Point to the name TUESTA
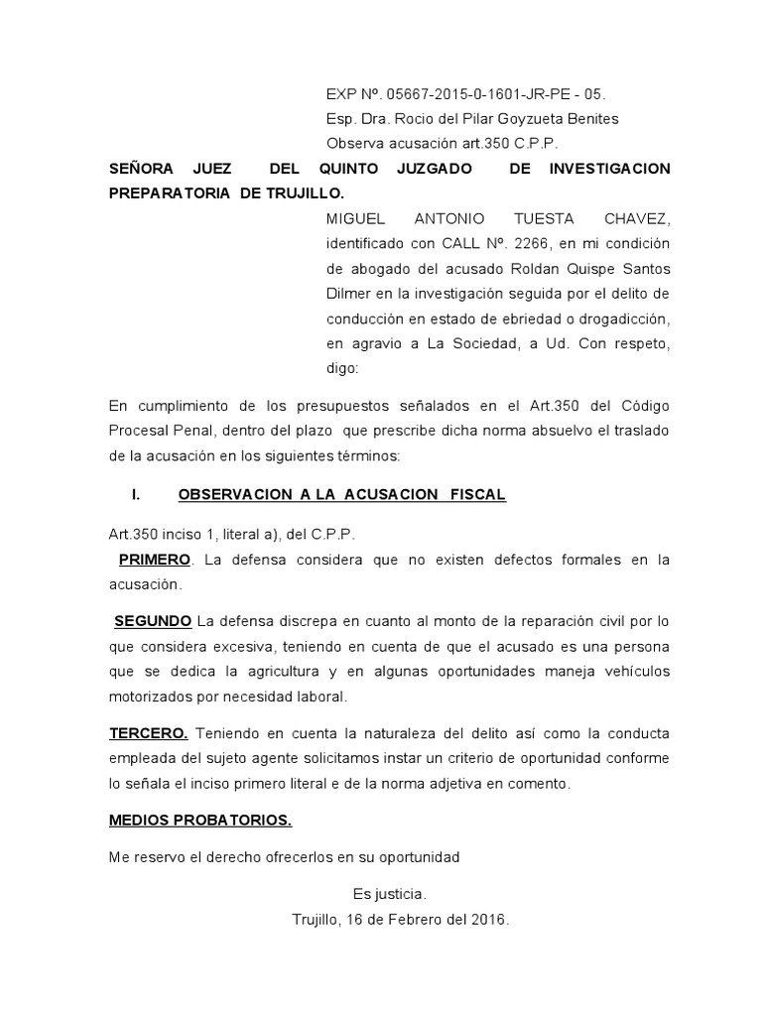tap(515, 217)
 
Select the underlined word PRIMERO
tap(155, 560)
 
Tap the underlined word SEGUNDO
tap(153, 621)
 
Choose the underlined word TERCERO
tap(148, 733)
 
